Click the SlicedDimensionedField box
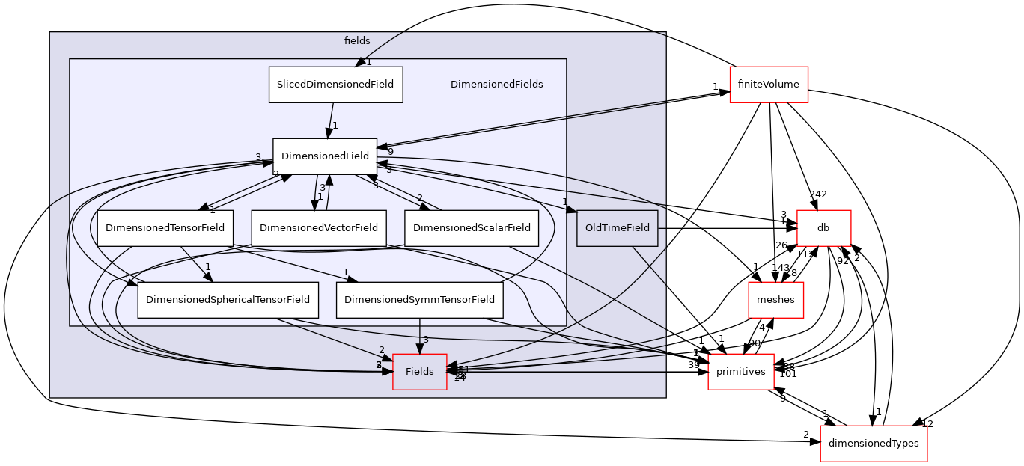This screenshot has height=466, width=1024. (335, 85)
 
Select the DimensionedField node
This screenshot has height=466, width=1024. (325, 156)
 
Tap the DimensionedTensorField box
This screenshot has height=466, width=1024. (165, 227)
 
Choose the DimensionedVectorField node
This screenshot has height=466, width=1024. (319, 227)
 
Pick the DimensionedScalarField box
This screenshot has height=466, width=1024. (472, 227)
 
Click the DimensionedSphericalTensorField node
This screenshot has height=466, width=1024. (228, 300)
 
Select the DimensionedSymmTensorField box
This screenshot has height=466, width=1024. (419, 300)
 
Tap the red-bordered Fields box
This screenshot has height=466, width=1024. (419, 372)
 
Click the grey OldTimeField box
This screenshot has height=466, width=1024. (617, 227)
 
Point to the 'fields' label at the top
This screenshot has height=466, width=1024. (357, 41)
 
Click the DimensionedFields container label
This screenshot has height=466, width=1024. (496, 85)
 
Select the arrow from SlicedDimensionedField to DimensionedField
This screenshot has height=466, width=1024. (330, 120)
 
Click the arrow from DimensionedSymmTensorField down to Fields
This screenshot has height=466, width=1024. (419, 335)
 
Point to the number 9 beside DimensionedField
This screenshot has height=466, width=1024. (390, 152)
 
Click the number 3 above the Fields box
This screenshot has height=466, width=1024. (426, 340)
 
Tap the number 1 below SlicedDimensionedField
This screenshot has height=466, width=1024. (335, 126)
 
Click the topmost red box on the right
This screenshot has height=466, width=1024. (769, 85)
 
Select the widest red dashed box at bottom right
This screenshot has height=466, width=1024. (874, 444)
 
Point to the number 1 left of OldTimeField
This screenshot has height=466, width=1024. (565, 202)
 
